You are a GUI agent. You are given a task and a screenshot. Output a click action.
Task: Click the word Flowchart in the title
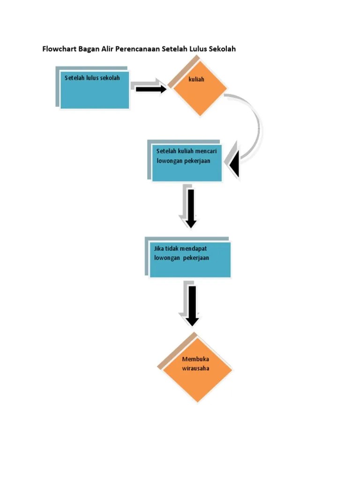pos(59,49)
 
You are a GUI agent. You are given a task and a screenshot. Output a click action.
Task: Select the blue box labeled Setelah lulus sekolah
pos(95,90)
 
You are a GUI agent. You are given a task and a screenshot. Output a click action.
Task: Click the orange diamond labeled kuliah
pos(200,89)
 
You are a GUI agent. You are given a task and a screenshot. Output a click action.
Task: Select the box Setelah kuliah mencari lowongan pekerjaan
pos(187,163)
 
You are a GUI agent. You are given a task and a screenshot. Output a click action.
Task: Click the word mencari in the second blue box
pos(206,151)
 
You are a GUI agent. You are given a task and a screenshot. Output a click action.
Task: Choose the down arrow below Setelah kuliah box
pos(191,209)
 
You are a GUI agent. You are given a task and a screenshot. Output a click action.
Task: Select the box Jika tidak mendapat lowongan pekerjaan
pos(190,260)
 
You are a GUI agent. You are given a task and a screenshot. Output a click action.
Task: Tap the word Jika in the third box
pos(159,248)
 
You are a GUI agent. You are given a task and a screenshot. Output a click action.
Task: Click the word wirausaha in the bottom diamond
pos(195,368)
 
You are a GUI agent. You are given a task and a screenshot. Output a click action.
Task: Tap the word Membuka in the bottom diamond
pos(195,359)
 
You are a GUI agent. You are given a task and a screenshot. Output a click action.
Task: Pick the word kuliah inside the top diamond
pos(196,79)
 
